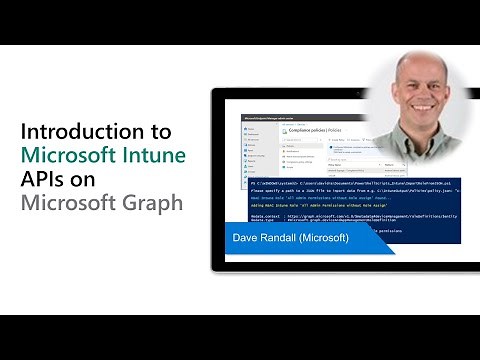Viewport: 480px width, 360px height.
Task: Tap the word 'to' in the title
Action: pyautogui.click(x=161, y=132)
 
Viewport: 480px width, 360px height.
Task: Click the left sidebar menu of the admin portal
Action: pyautogui.click(x=253, y=150)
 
